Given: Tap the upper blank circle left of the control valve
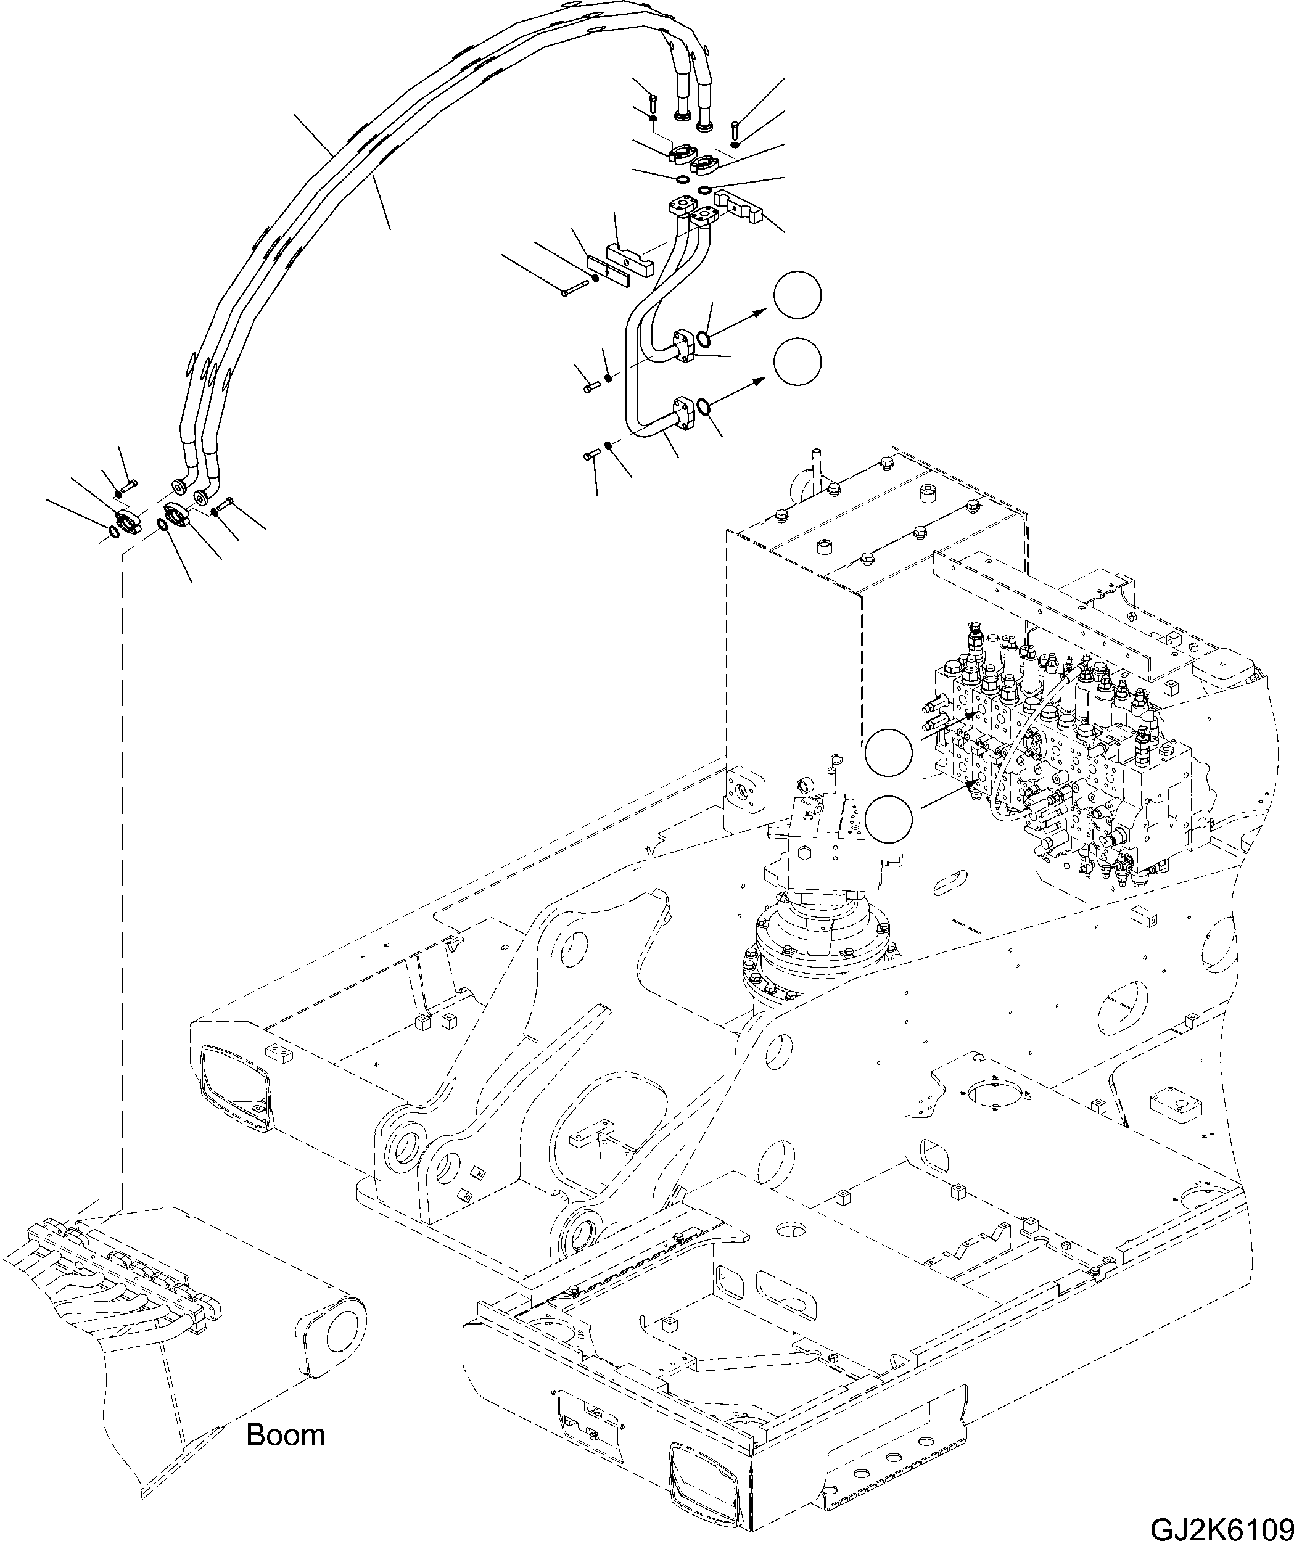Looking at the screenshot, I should click(x=889, y=754).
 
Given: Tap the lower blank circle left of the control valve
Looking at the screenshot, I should click(x=889, y=819).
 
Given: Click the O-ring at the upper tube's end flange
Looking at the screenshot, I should click(x=703, y=339).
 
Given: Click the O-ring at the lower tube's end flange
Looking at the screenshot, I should click(x=703, y=406).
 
